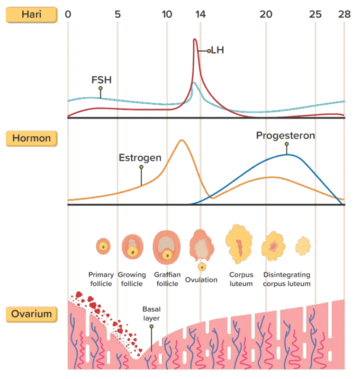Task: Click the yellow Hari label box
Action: [x=32, y=15]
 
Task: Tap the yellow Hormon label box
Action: [x=32, y=138]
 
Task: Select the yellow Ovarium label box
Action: [x=32, y=314]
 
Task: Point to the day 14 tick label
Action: [x=200, y=15]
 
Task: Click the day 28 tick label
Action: [x=344, y=15]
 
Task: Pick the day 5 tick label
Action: [x=117, y=15]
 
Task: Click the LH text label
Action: [x=217, y=50]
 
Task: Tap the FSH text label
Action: [x=101, y=80]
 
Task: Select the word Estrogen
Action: [x=140, y=158]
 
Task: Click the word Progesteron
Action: [x=286, y=135]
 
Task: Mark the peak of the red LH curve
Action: [x=195, y=39]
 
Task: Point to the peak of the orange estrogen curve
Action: [x=182, y=140]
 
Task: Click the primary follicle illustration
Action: [x=103, y=246]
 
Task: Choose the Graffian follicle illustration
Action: [x=166, y=247]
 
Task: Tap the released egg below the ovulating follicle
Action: [x=202, y=267]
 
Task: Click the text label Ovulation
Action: [x=201, y=280]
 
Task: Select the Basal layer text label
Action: [x=152, y=314]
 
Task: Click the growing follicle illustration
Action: [x=133, y=246]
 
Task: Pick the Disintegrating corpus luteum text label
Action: [x=287, y=279]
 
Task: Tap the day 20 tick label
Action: [x=266, y=15]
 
